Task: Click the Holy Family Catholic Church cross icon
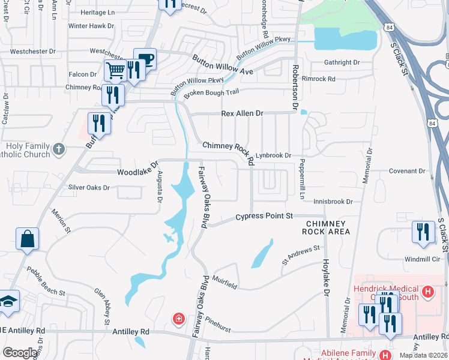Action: click(x=58, y=148)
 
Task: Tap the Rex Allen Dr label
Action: click(x=243, y=113)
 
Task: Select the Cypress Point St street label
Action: click(x=264, y=216)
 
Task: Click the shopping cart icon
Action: click(x=115, y=70)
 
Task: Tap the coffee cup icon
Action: click(x=145, y=59)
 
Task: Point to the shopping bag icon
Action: click(x=27, y=239)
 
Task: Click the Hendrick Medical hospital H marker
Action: click(x=427, y=292)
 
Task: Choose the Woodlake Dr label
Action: click(x=137, y=168)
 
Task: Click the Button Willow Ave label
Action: click(x=222, y=65)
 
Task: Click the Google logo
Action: click(x=20, y=353)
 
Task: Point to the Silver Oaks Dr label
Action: click(x=89, y=187)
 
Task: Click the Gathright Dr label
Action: click(x=342, y=62)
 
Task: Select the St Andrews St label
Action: click(x=301, y=256)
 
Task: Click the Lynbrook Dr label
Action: click(x=273, y=155)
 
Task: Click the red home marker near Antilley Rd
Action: click(x=178, y=318)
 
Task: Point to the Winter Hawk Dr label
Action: click(x=91, y=26)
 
